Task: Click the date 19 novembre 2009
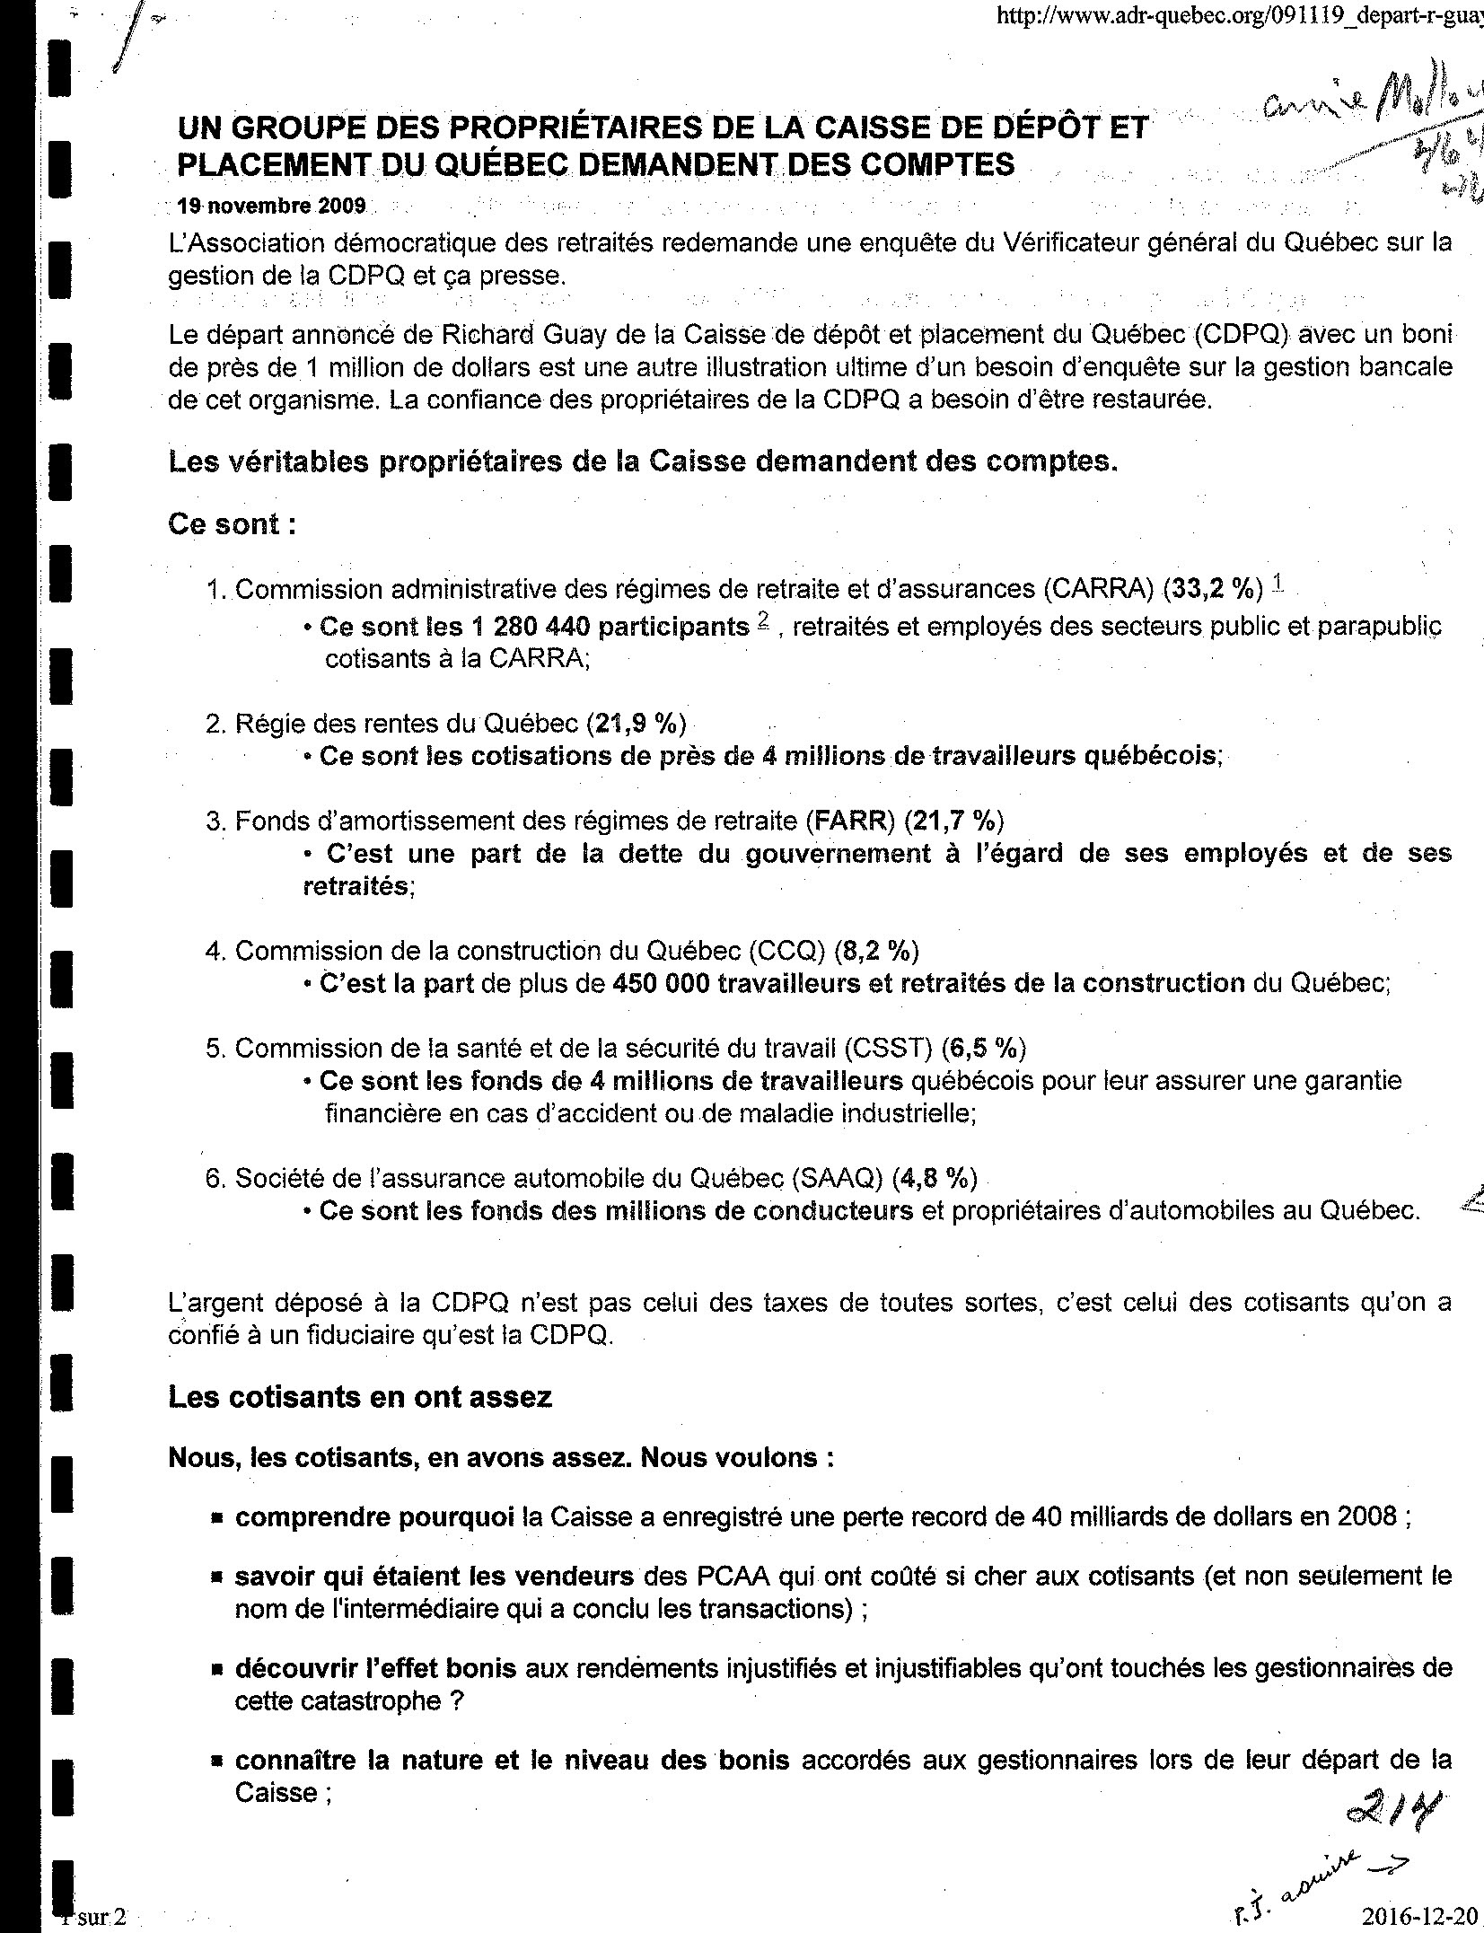pos(271,206)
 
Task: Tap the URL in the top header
pos(1240,17)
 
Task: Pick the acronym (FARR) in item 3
pos(852,820)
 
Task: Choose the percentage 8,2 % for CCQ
pos(876,950)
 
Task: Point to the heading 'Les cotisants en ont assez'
pos(360,1397)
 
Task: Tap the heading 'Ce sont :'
pos(232,524)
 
